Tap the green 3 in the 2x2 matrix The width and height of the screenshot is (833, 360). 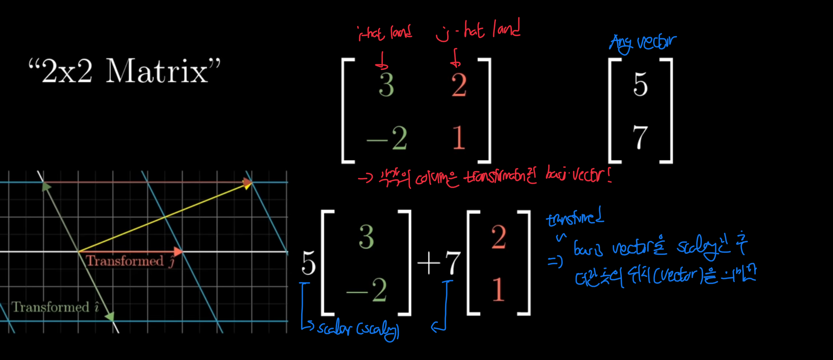pyautogui.click(x=386, y=85)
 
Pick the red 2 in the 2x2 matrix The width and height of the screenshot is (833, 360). pyautogui.click(x=459, y=85)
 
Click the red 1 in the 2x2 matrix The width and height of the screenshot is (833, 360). pyautogui.click(x=459, y=137)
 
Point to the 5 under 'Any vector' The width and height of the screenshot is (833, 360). pyautogui.click(x=640, y=84)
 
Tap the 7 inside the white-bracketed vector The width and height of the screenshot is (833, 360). pyautogui.click(x=640, y=137)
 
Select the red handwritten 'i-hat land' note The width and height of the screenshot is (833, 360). pyautogui.click(x=384, y=33)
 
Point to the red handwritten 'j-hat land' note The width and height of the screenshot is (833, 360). pyautogui.click(x=478, y=30)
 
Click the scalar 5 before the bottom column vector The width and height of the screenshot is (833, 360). pyautogui.click(x=309, y=263)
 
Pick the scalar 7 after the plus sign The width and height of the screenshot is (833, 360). pyautogui.click(x=452, y=263)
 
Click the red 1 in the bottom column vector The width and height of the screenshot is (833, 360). pyautogui.click(x=498, y=289)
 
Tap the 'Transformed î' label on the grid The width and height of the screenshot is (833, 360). pyautogui.click(x=55, y=307)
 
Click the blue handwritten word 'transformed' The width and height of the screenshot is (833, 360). pyautogui.click(x=575, y=218)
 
